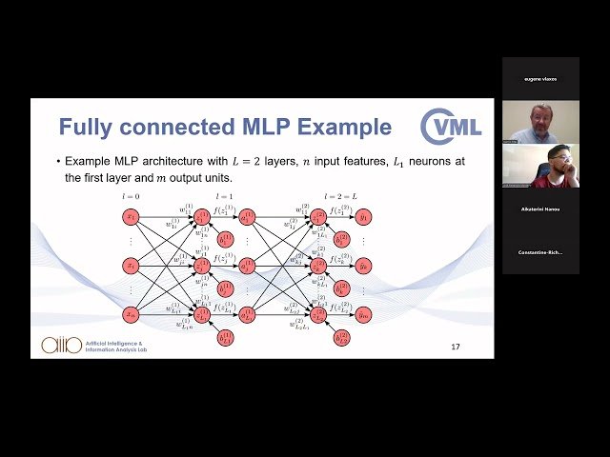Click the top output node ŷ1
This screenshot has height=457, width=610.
tap(364, 217)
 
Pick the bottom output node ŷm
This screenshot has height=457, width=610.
tap(364, 313)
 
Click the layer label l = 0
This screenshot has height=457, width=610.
tap(131, 196)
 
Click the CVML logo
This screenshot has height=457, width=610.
tap(452, 127)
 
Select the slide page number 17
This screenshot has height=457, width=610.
tap(456, 347)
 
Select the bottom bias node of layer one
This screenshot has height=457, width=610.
tap(226, 337)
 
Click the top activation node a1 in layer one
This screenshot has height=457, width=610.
tap(248, 217)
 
